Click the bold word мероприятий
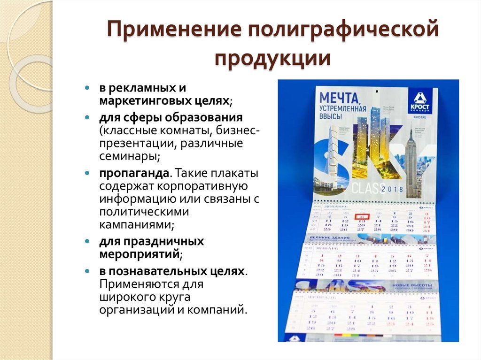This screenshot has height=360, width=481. (x=140, y=254)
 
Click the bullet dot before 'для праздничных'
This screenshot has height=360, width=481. (x=87, y=242)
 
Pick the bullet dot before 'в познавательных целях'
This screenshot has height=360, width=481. (x=87, y=272)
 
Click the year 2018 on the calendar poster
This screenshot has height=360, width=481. (x=393, y=189)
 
